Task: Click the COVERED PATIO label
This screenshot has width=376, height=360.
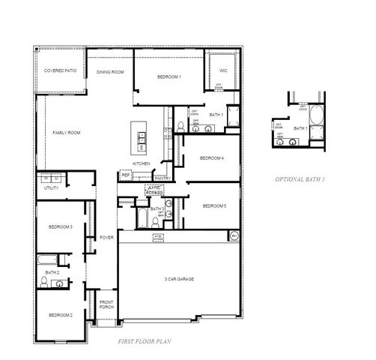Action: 60,70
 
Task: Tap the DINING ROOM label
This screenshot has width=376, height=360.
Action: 110,72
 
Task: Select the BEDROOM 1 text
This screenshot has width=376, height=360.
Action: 169,76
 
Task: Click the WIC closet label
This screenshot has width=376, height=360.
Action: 222,70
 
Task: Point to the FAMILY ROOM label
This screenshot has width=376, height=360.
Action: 66,132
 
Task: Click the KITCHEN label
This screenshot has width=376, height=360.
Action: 142,163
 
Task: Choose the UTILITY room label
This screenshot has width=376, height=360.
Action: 51,188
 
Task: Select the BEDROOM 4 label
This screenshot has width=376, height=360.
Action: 212,158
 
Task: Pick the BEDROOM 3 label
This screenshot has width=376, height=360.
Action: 61,226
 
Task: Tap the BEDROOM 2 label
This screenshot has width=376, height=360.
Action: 61,315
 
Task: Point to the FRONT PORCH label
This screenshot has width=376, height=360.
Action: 106,305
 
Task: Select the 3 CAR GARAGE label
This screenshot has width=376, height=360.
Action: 179,278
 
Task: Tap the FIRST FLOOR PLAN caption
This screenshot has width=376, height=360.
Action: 146,340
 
